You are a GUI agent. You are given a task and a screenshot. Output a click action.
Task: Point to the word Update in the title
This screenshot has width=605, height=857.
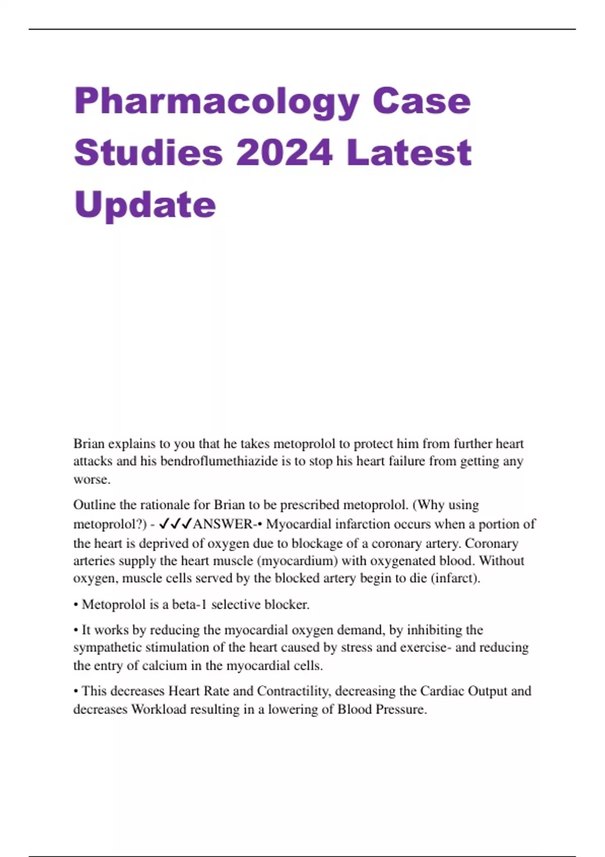[145, 205]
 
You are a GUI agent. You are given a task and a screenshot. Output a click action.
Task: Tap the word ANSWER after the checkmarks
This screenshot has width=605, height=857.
[222, 524]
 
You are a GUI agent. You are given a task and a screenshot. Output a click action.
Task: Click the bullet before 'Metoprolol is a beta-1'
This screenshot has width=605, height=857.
[76, 604]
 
